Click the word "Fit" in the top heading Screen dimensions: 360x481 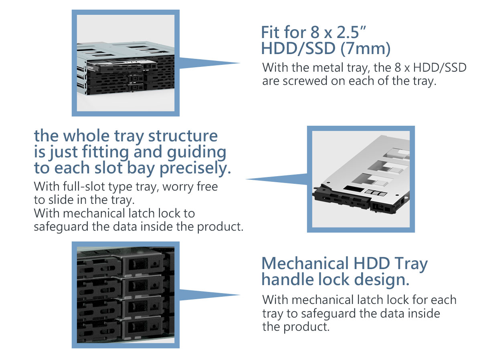pyautogui.click(x=271, y=32)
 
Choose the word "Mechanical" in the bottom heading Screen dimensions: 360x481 pyautogui.click(x=305, y=263)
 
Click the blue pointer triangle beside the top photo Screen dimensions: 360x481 pyautogui.click(x=208, y=63)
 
